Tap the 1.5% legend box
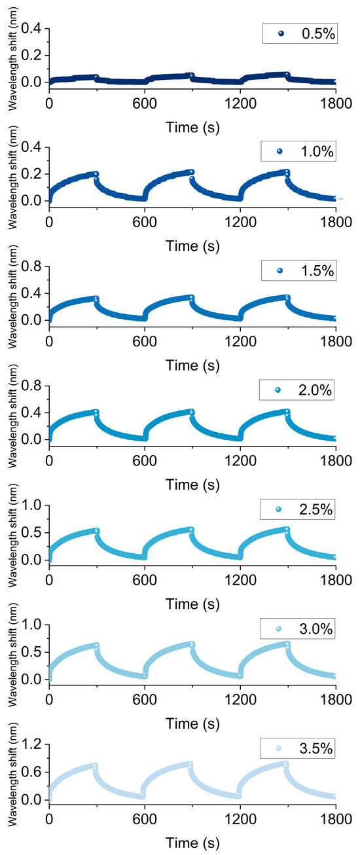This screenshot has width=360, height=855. point(298,270)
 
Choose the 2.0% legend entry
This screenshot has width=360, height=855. point(298,390)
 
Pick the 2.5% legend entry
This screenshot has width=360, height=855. point(298,509)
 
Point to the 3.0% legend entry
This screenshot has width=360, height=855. point(298,629)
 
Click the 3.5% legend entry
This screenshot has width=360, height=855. point(298,748)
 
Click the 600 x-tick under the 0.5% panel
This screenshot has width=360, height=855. point(145,103)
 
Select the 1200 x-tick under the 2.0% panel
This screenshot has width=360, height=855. point(240,461)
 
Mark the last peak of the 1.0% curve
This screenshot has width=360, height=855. point(286,172)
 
